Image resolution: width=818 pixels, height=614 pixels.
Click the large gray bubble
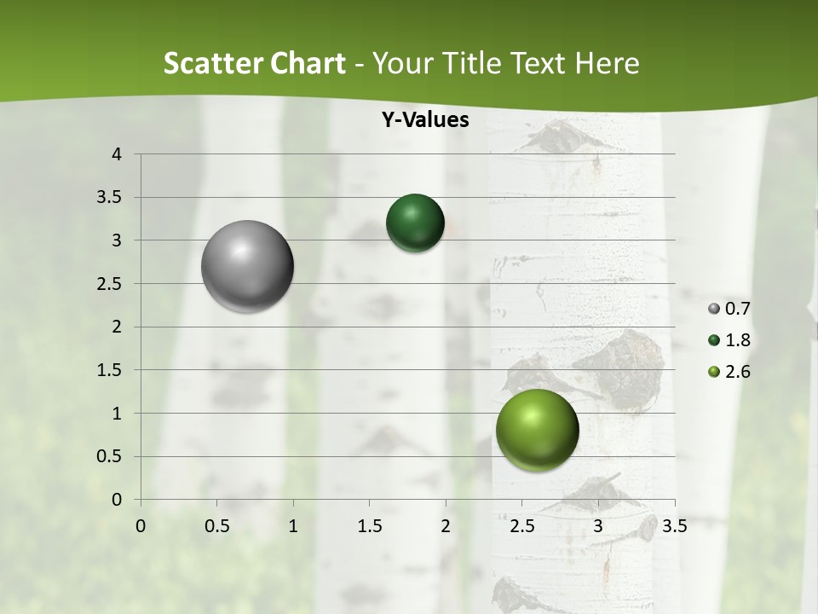click(x=247, y=266)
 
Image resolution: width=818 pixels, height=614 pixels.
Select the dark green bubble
click(x=415, y=223)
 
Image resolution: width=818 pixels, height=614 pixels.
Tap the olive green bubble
click(x=537, y=431)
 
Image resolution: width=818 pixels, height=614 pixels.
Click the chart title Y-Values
click(x=425, y=120)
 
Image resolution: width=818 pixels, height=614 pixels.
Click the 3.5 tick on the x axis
click(x=674, y=526)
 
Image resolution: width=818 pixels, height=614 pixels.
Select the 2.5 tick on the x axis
click(x=521, y=526)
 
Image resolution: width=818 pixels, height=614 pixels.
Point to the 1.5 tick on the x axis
click(x=369, y=526)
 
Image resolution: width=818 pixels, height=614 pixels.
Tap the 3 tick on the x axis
click(x=598, y=526)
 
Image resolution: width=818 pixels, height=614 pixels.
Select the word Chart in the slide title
click(x=308, y=64)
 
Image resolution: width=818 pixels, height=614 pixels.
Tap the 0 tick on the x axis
click(x=141, y=526)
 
